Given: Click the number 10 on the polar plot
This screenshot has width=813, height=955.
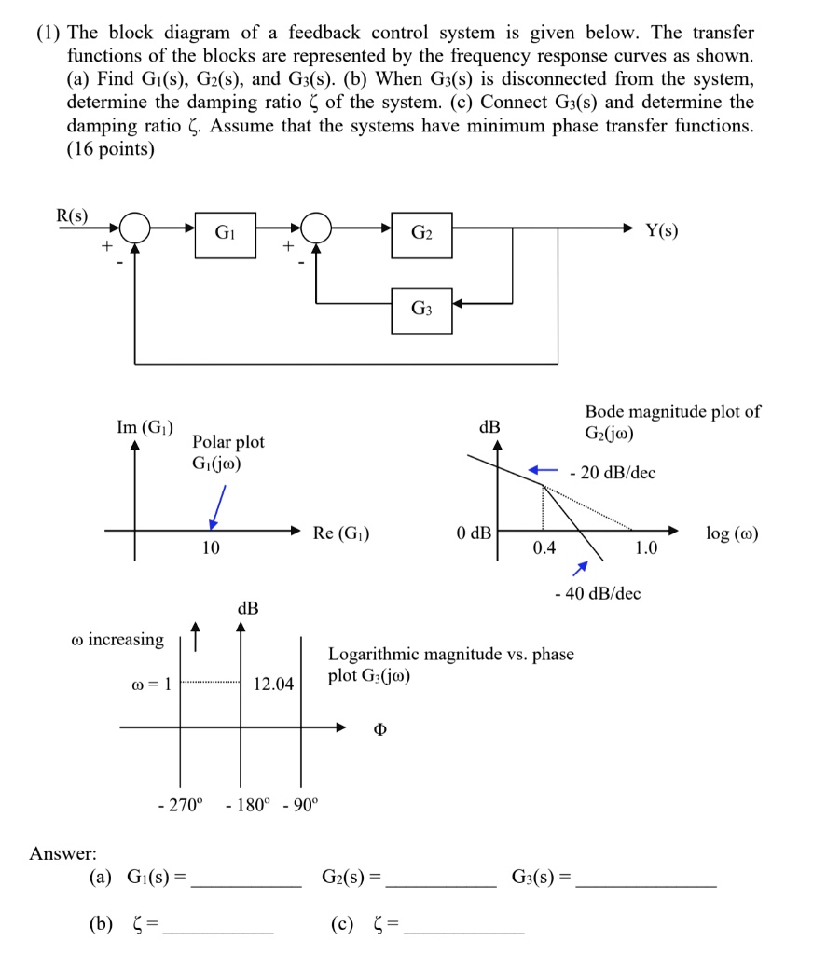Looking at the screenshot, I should (x=211, y=548).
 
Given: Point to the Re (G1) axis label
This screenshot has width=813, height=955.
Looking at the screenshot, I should (x=341, y=533).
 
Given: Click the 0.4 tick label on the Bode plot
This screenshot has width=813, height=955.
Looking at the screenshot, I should (x=544, y=547).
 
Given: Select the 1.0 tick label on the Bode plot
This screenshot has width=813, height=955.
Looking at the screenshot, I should (x=645, y=548).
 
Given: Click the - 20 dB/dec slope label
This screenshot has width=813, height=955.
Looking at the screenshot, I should (x=614, y=473).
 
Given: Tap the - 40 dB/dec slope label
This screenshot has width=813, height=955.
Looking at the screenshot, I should (x=598, y=593).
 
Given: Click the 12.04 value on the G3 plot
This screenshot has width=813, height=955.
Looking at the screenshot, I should (x=273, y=685).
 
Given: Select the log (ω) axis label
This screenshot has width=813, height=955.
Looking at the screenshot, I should (x=733, y=534).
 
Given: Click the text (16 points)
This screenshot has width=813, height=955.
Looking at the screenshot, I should (x=111, y=149).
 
